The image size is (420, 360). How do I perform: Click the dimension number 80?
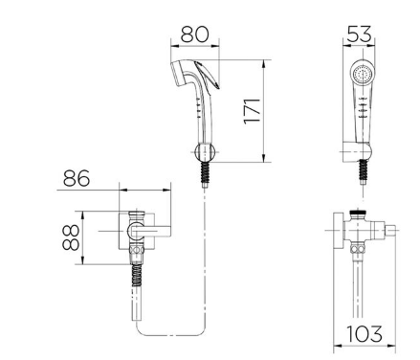[x=194, y=34]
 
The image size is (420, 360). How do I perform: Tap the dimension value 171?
[x=253, y=111]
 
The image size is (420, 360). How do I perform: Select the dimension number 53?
[x=359, y=34]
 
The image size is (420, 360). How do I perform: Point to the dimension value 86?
[x=77, y=178]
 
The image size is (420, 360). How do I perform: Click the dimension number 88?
[x=71, y=237]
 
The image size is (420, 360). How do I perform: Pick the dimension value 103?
[x=365, y=334]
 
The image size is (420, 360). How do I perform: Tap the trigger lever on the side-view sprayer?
[x=208, y=76]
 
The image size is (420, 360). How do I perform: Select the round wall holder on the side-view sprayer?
[x=204, y=151]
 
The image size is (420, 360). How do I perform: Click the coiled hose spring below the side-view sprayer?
[x=206, y=172]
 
